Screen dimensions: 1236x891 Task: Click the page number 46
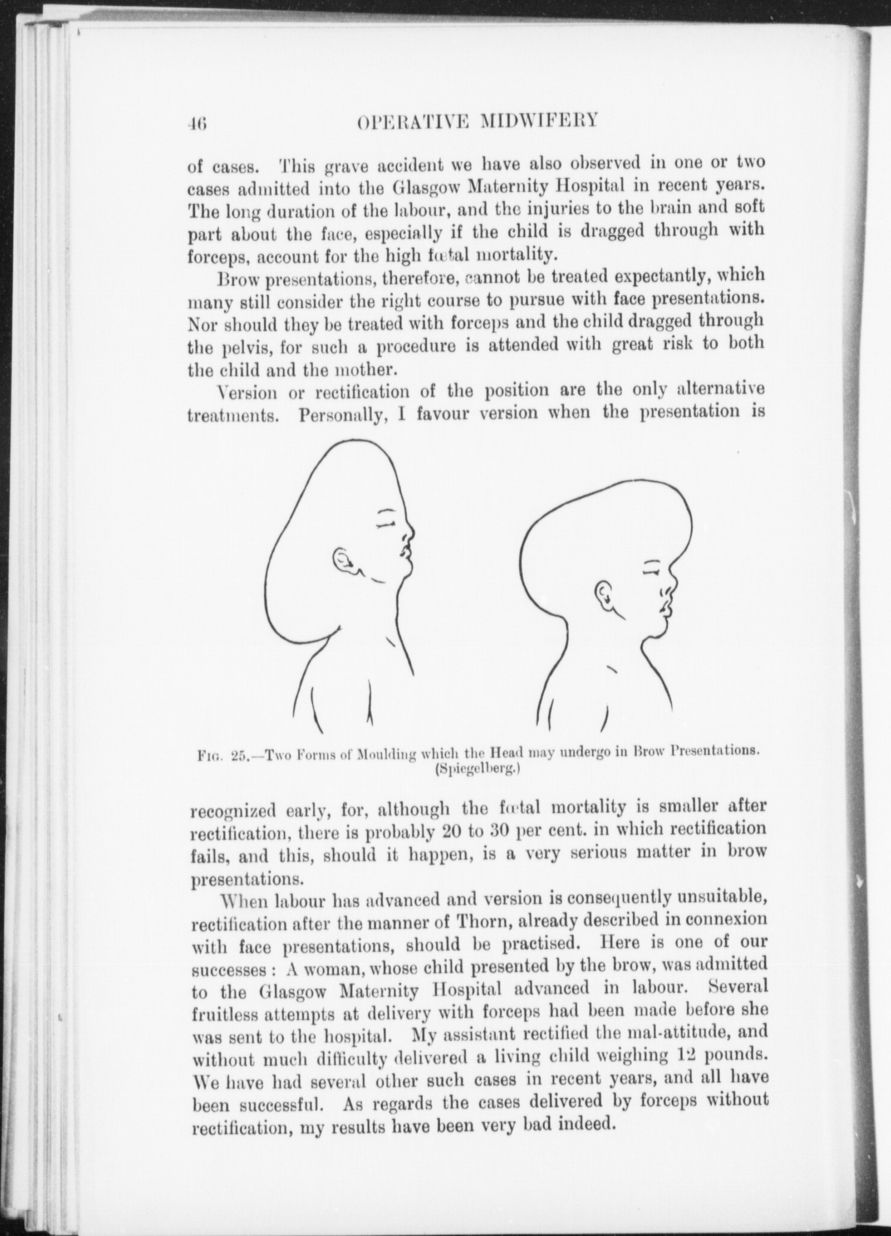pyautogui.click(x=196, y=123)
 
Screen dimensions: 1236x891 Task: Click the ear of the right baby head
pyautogui.click(x=604, y=595)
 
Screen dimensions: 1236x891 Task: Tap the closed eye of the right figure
pyautogui.click(x=651, y=572)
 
